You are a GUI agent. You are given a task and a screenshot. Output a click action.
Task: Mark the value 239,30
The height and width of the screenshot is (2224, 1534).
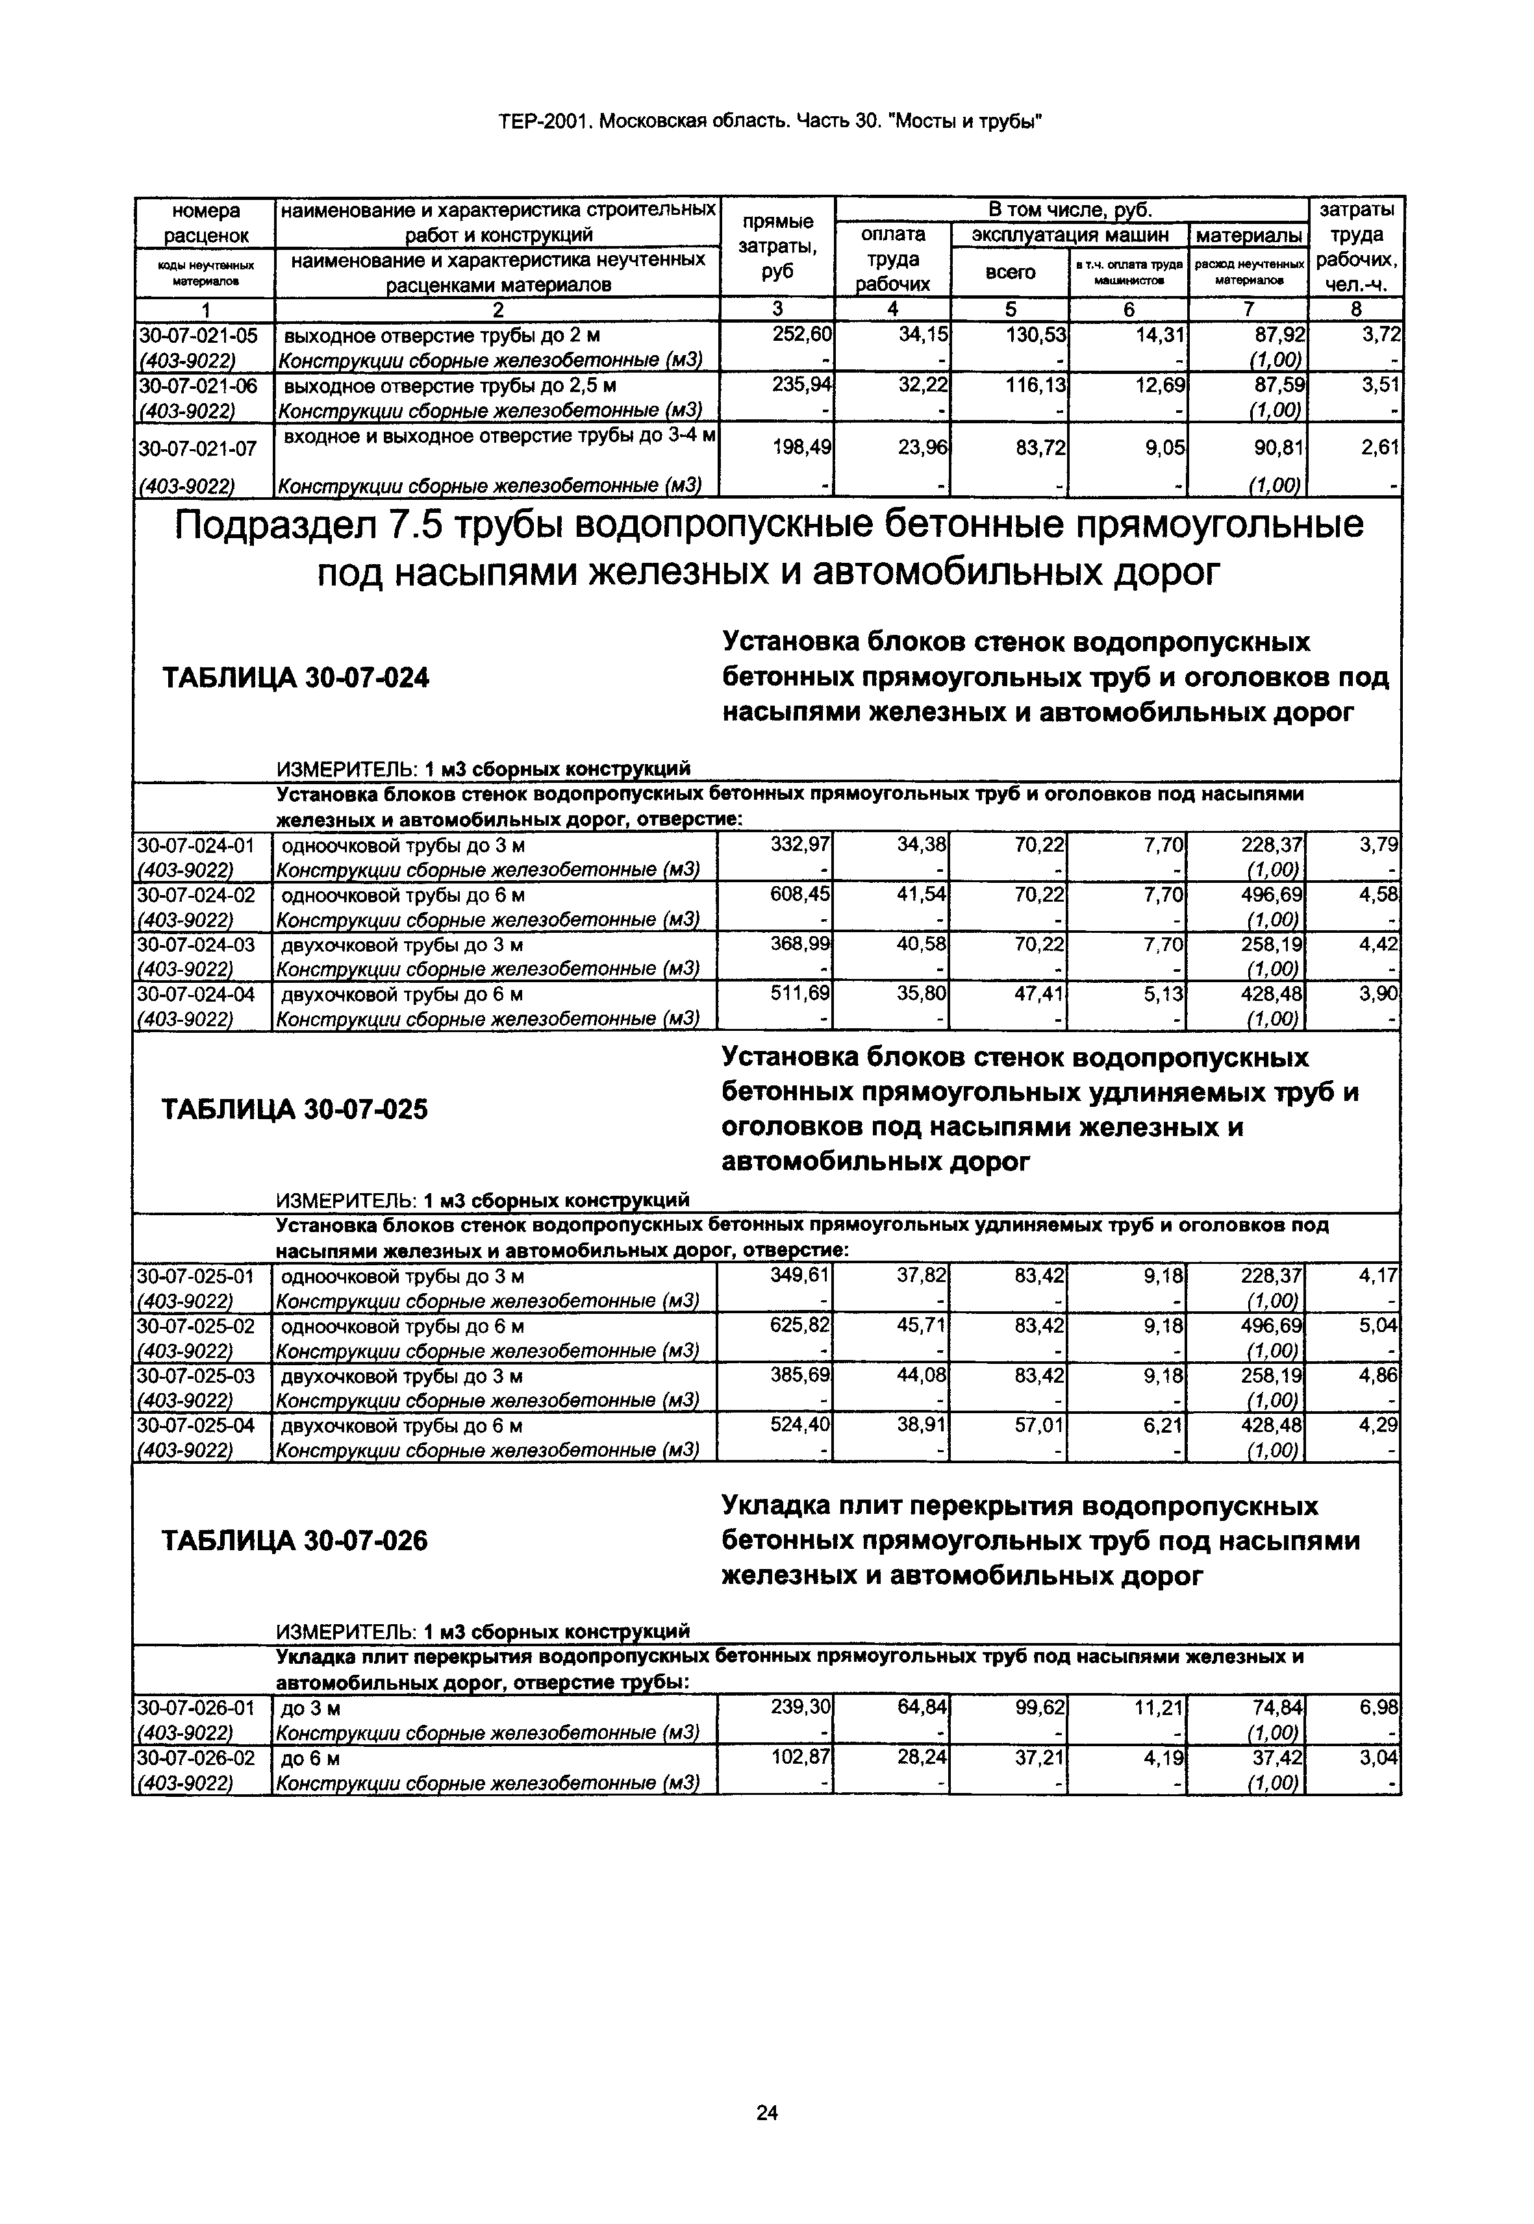coord(801,1707)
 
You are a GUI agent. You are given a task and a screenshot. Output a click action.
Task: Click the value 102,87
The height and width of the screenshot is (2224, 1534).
coord(801,1757)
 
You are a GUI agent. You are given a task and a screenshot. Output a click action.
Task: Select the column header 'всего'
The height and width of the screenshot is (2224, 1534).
coord(1010,272)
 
